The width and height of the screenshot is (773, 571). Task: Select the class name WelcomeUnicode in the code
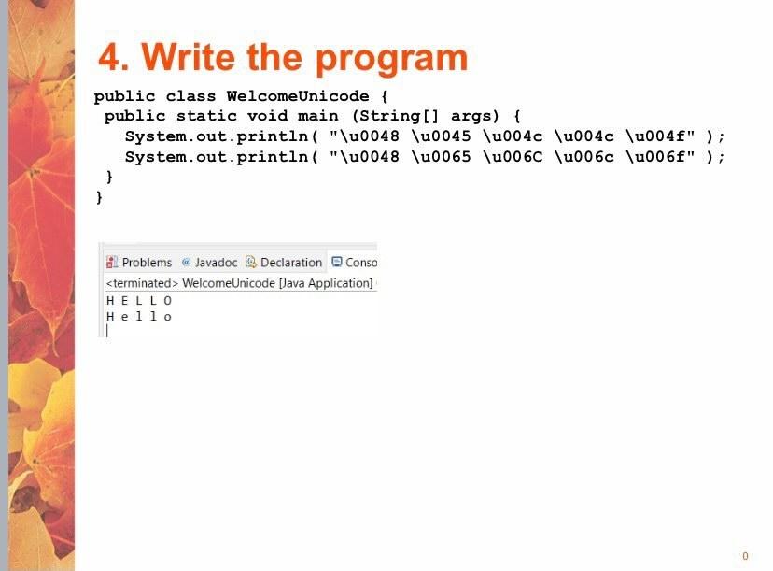coord(298,95)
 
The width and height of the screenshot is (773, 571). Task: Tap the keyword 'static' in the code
coord(206,116)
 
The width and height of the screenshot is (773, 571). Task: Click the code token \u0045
coord(442,136)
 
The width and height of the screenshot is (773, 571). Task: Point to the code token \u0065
coord(442,157)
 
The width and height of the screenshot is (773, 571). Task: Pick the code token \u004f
coord(655,136)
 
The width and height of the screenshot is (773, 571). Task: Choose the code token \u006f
coord(655,157)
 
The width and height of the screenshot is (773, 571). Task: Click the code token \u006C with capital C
coord(513,157)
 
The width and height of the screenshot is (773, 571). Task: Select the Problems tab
coord(139,262)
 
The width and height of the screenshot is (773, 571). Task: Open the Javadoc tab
coord(209,262)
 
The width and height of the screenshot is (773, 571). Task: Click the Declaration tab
coord(284,262)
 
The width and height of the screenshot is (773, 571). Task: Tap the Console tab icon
coord(337,262)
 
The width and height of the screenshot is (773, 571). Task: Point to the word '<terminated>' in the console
coord(142,283)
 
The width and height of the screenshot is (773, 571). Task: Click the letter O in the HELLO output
coord(168,301)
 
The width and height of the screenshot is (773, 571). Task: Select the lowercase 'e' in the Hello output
coord(124,317)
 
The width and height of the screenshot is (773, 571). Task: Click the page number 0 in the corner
coord(745,556)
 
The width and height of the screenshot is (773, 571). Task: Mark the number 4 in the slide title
coord(109,58)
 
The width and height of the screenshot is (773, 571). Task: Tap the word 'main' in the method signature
coord(318,116)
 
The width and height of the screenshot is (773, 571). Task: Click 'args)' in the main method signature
coord(475,117)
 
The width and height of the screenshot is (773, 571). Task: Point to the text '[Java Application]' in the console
coord(326,283)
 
